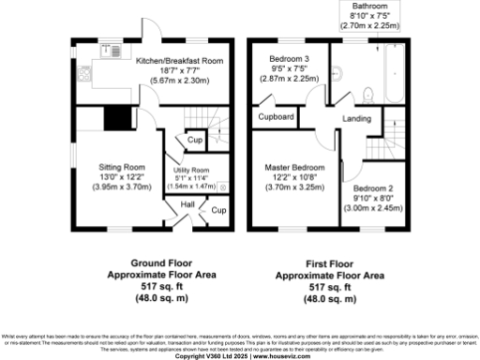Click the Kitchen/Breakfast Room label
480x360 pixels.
point(168,59)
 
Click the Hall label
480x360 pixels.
point(187,203)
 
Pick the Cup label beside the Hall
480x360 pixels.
point(217,211)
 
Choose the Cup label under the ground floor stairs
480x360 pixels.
point(195,141)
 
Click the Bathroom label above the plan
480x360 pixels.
point(368,6)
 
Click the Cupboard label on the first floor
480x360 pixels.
point(277,118)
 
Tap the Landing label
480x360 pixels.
point(356,118)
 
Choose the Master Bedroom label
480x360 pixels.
point(289,167)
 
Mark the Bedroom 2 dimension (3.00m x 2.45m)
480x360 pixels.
point(378,209)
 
